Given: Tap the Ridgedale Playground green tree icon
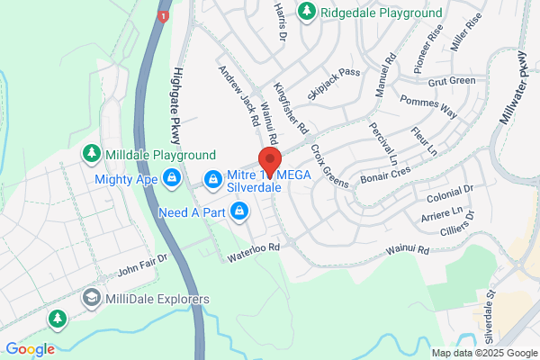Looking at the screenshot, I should (307, 12).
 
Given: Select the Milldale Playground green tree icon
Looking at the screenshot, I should (91, 154).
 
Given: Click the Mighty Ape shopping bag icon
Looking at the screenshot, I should (170, 178).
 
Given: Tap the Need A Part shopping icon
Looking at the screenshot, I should (239, 212).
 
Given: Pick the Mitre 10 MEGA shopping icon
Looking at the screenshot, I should (211, 180).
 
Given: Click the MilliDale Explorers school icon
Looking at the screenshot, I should (91, 298).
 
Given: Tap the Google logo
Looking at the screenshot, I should (30, 349).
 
